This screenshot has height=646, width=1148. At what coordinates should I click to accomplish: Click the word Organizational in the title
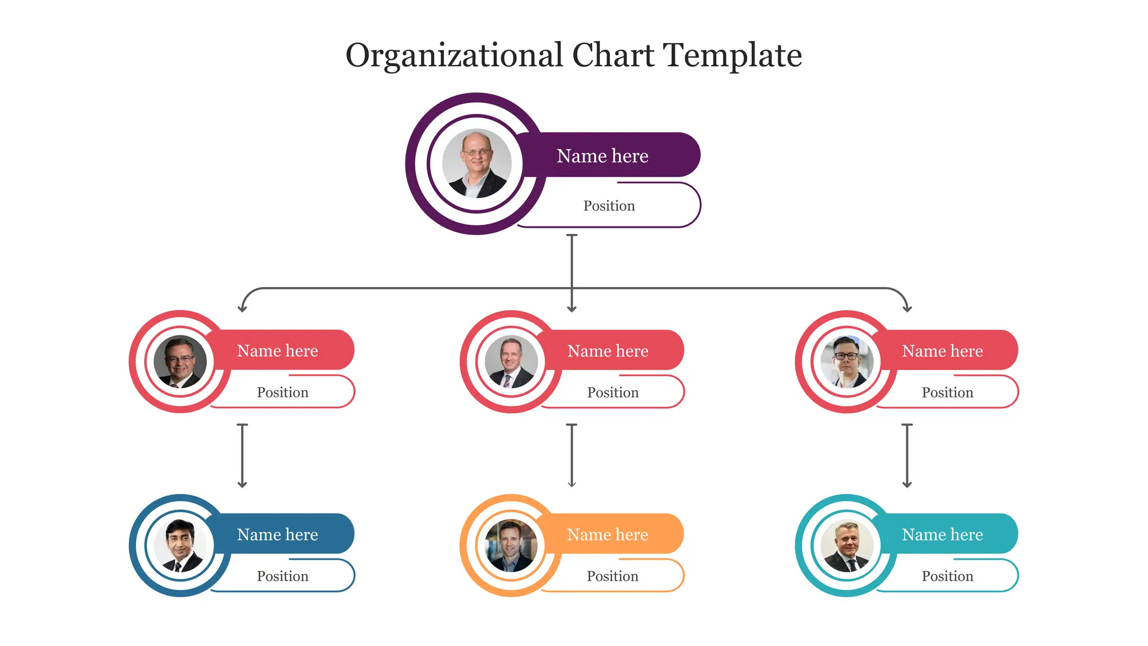(x=454, y=56)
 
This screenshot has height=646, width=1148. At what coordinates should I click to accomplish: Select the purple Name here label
(x=603, y=155)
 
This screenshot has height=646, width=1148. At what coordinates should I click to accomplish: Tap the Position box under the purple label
(x=609, y=205)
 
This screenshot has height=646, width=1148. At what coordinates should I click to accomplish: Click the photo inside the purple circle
(x=477, y=164)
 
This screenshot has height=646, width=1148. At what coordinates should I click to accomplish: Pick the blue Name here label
(x=277, y=534)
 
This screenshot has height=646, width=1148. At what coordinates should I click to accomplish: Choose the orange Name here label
(x=608, y=534)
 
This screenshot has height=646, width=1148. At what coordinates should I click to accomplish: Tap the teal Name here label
(x=942, y=534)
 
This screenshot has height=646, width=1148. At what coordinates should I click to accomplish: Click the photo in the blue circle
(x=180, y=546)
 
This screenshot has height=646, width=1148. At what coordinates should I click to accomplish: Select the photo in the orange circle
(x=511, y=546)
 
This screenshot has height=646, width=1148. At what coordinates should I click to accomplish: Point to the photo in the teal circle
(x=846, y=546)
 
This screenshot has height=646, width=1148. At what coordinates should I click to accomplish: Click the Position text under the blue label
(x=283, y=576)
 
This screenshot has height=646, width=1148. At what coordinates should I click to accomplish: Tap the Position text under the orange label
(x=613, y=576)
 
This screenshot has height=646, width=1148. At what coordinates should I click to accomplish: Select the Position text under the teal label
(x=948, y=576)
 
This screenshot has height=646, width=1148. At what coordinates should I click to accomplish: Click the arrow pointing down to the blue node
(x=242, y=456)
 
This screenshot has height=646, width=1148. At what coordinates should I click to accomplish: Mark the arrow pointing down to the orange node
(x=572, y=456)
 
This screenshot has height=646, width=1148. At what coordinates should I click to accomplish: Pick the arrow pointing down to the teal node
(x=907, y=456)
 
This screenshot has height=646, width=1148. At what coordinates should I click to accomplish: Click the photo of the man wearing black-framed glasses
(x=846, y=362)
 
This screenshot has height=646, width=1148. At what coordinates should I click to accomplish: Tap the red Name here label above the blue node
(x=277, y=350)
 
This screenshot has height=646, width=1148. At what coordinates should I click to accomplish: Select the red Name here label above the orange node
(x=608, y=350)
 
